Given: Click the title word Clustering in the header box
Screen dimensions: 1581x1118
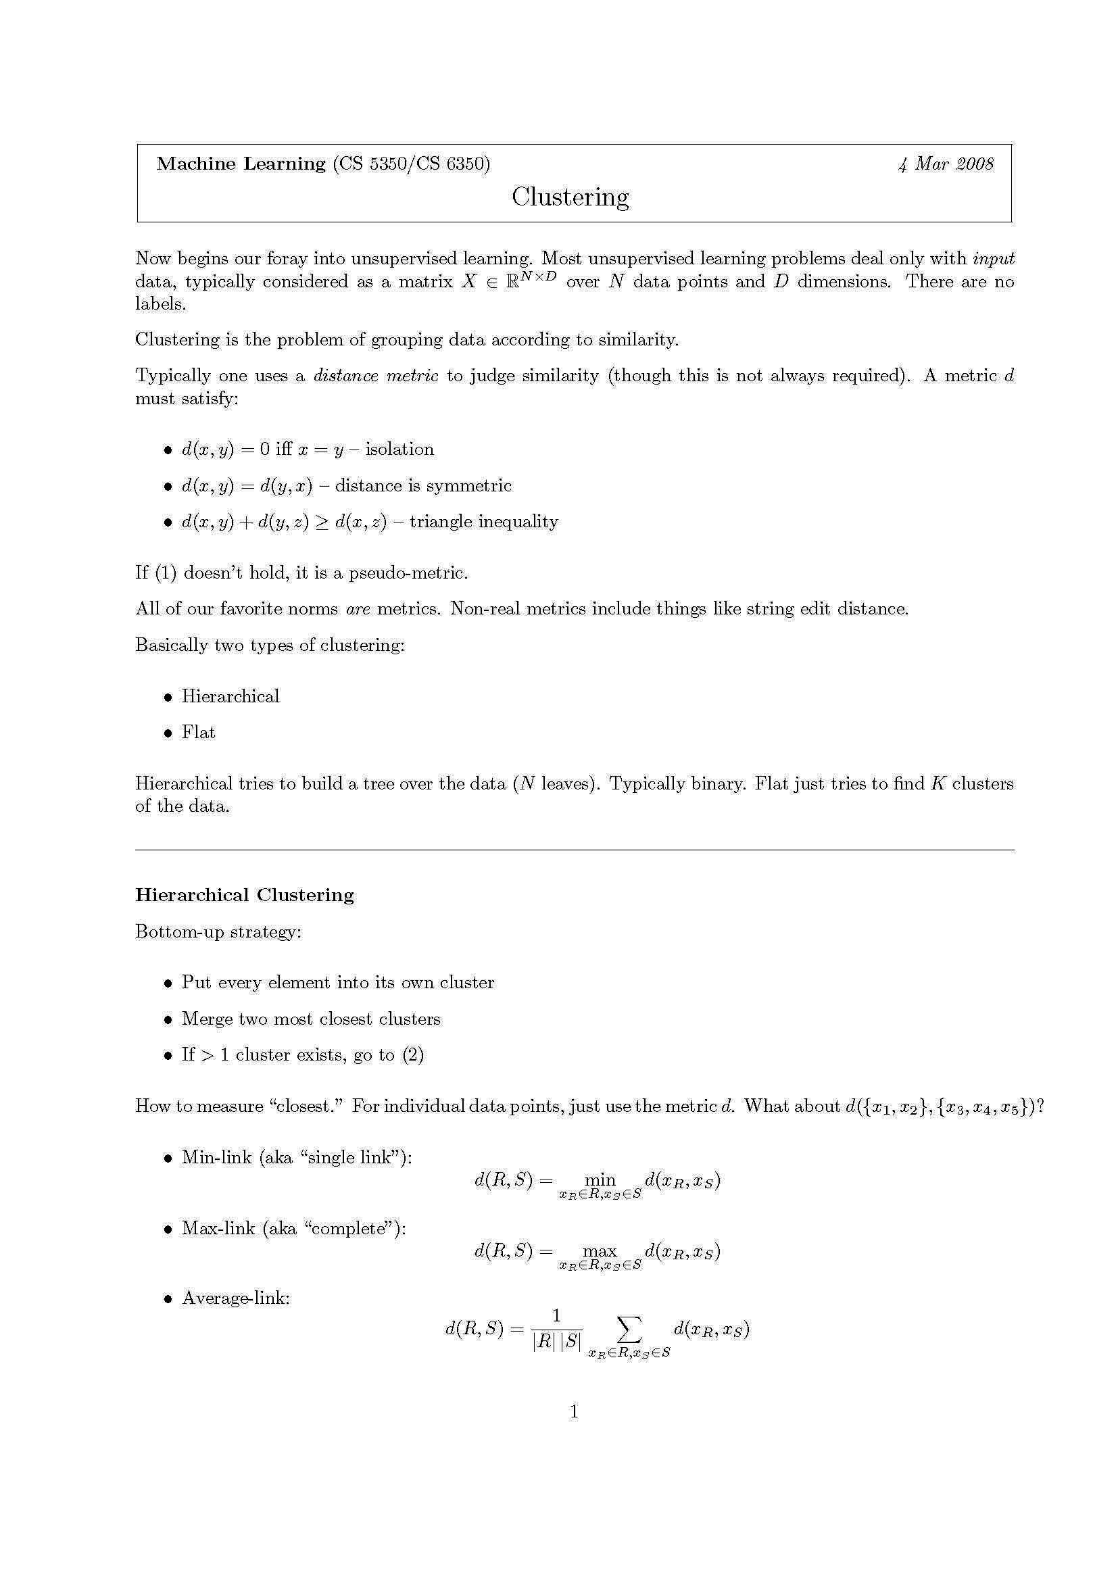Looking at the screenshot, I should point(570,197).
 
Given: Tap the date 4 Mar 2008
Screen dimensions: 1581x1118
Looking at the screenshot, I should point(945,164).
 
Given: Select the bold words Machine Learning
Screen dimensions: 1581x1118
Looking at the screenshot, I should point(241,163).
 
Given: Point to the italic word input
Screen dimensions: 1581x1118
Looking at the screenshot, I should point(993,259).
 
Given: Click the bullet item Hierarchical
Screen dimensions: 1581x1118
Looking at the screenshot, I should point(230,696).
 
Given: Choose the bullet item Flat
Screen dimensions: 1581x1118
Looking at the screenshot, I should point(198,732).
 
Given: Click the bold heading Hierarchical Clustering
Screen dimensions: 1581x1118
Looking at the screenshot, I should point(245,895).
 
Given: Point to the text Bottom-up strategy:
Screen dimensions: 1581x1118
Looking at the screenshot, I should point(218,931).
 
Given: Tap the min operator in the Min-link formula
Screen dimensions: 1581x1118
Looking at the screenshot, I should point(600,1180).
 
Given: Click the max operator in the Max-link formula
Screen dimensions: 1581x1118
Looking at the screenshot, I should point(600,1250).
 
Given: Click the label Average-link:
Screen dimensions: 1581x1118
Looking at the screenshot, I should point(235,1298).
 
